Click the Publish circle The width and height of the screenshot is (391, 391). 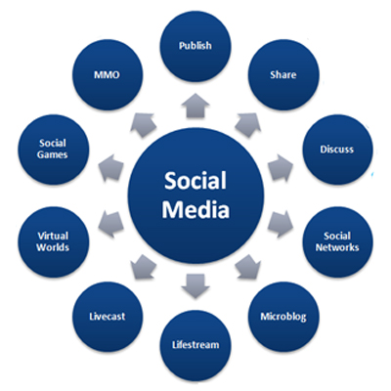(195, 46)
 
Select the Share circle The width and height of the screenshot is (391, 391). (283, 75)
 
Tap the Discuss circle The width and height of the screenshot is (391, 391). (337, 150)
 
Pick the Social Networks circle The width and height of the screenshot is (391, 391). (337, 242)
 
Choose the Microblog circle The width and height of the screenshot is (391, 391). (283, 317)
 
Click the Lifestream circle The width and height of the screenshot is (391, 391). (195, 345)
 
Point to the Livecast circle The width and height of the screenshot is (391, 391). (108, 317)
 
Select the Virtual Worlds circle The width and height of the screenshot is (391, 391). (53, 242)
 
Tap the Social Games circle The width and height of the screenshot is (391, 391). (53, 150)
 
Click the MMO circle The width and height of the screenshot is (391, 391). (108, 75)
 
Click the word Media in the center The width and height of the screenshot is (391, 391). (195, 210)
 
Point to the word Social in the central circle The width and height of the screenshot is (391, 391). (195, 181)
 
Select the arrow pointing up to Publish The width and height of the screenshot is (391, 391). (195, 106)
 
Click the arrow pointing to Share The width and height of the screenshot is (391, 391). (248, 124)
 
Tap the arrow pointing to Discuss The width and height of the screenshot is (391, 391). (281, 167)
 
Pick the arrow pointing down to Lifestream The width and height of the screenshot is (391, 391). (195, 286)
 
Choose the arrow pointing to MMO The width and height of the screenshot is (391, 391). (143, 124)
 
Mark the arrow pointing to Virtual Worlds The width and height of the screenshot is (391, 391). (110, 224)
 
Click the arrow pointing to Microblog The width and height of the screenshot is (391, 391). (248, 267)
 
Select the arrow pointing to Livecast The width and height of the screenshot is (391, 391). (143, 267)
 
